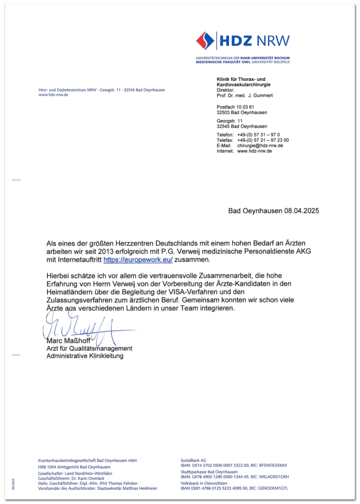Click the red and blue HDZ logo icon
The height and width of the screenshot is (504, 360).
(x=205, y=41)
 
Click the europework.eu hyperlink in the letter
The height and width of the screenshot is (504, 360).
(x=138, y=259)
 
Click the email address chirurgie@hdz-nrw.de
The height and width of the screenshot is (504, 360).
(x=260, y=146)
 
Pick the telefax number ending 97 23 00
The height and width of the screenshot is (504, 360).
(x=263, y=140)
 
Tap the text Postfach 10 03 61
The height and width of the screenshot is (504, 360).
(x=235, y=107)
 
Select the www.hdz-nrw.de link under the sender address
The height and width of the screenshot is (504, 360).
(x=53, y=94)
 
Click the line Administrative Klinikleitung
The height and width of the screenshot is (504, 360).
(x=85, y=356)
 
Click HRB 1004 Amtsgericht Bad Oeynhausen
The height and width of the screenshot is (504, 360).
(x=74, y=467)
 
